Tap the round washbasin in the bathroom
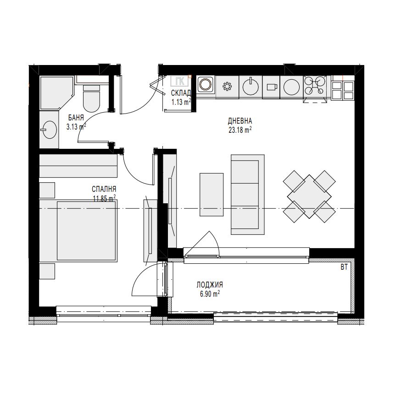click(49, 129)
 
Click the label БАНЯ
click(76, 118)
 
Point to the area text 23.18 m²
click(240, 130)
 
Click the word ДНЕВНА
click(240, 121)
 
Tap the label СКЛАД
click(181, 93)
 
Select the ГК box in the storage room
click(180, 81)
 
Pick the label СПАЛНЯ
click(104, 189)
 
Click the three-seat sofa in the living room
click(247, 194)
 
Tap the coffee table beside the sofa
click(212, 195)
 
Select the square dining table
click(309, 196)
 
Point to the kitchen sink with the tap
click(251, 86)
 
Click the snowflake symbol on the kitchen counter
click(227, 87)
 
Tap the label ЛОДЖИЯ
click(210, 284)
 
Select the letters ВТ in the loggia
click(344, 267)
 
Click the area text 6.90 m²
click(210, 293)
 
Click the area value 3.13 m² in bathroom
click(76, 127)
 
